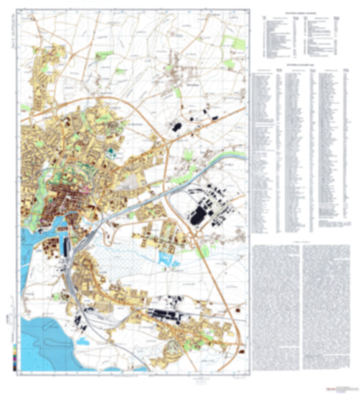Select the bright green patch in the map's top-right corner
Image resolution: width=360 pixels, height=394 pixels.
[x=237, y=42]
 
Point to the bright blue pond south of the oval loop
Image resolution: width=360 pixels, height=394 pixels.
[x=165, y=257]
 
